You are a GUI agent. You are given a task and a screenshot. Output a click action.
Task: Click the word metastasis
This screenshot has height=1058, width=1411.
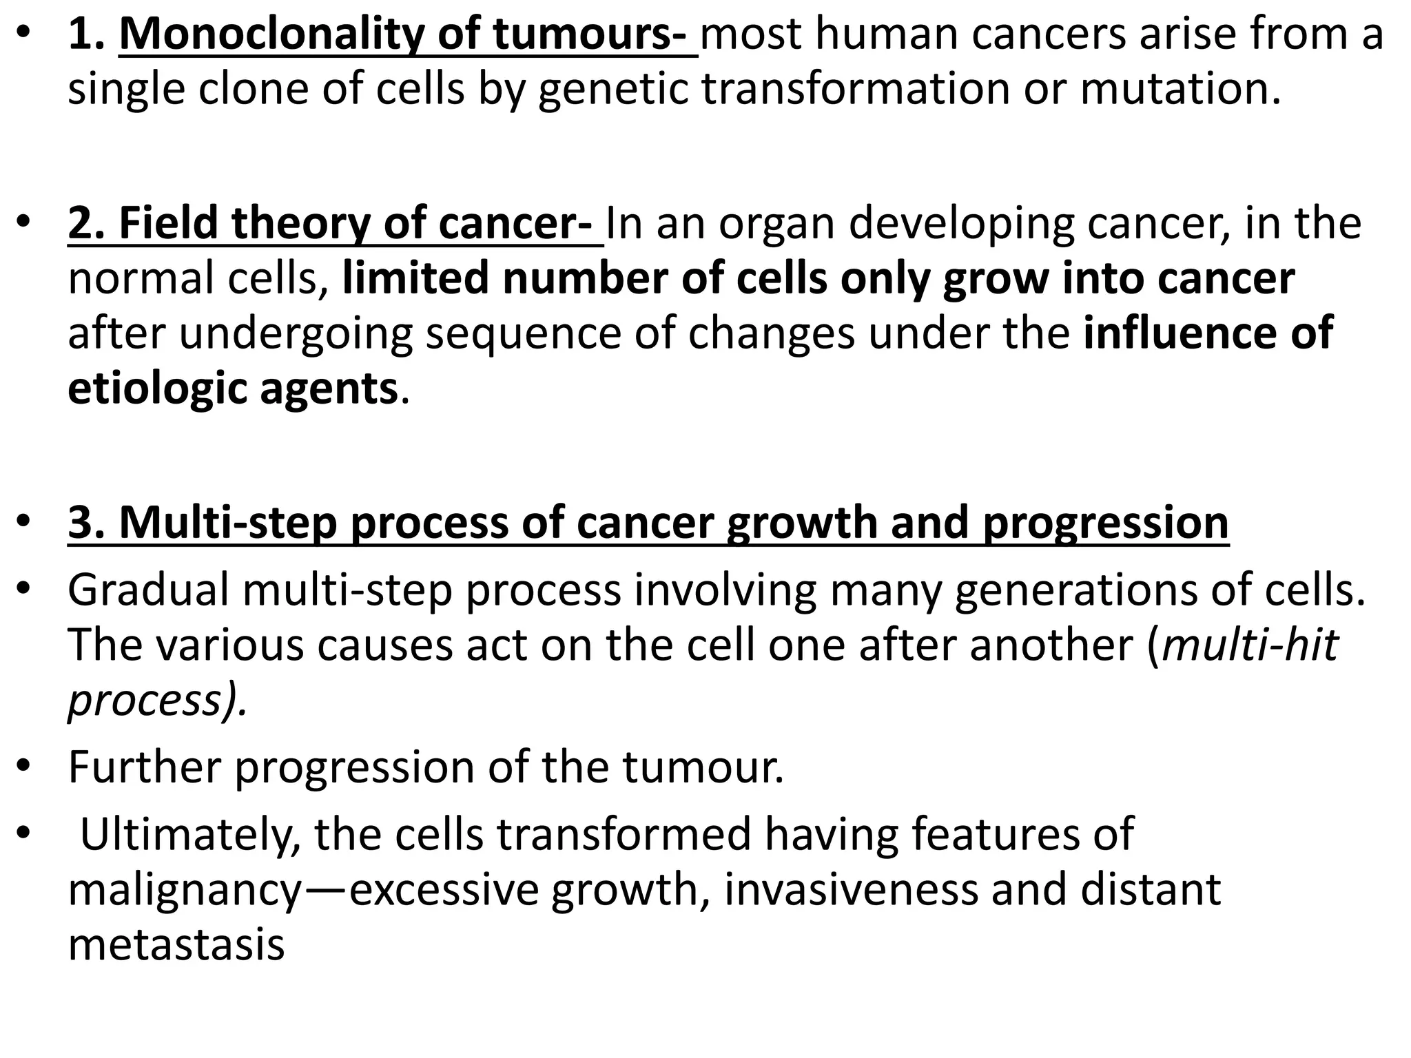pyautogui.click(x=176, y=944)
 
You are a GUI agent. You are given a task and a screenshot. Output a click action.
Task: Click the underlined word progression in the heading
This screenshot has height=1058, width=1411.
pyautogui.click(x=1105, y=522)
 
